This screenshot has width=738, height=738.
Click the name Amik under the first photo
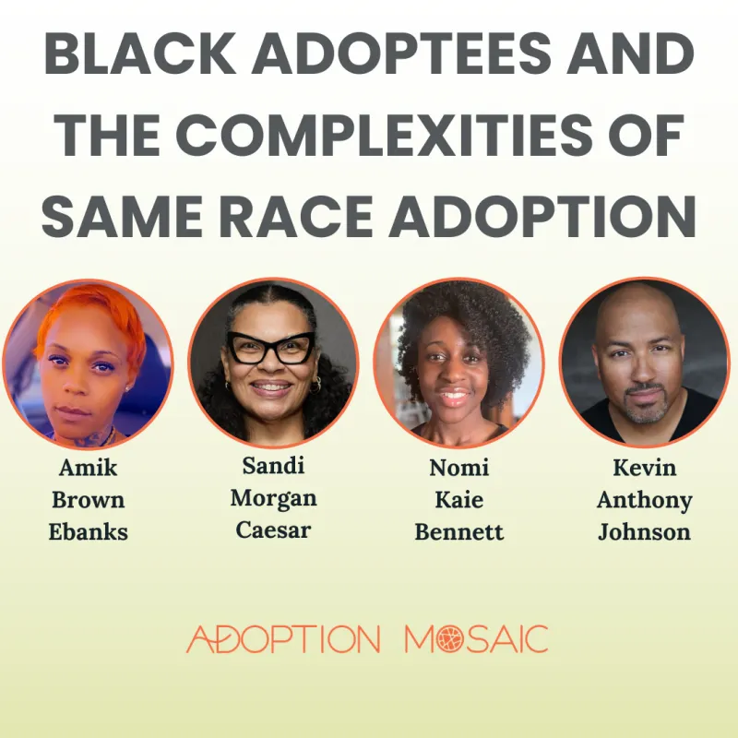pyautogui.click(x=88, y=468)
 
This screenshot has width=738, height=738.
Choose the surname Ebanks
pyautogui.click(x=88, y=532)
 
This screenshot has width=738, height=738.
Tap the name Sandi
pyautogui.click(x=273, y=466)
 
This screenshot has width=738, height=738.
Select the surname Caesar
pyautogui.click(x=273, y=530)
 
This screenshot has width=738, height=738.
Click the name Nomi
pyautogui.click(x=458, y=468)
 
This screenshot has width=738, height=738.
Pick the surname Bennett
pyautogui.click(x=458, y=532)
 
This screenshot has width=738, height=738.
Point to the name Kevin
pyautogui.click(x=644, y=468)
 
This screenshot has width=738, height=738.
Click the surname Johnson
pyautogui.click(x=644, y=532)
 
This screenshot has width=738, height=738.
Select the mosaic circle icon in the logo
pyautogui.click(x=450, y=639)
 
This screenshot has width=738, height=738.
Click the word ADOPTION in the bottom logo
pyautogui.click(x=283, y=639)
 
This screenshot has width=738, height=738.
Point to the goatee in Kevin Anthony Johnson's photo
pyautogui.click(x=645, y=405)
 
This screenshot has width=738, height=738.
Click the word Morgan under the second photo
pyautogui.click(x=273, y=499)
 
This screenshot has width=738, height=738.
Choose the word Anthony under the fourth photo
pyautogui.click(x=644, y=501)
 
